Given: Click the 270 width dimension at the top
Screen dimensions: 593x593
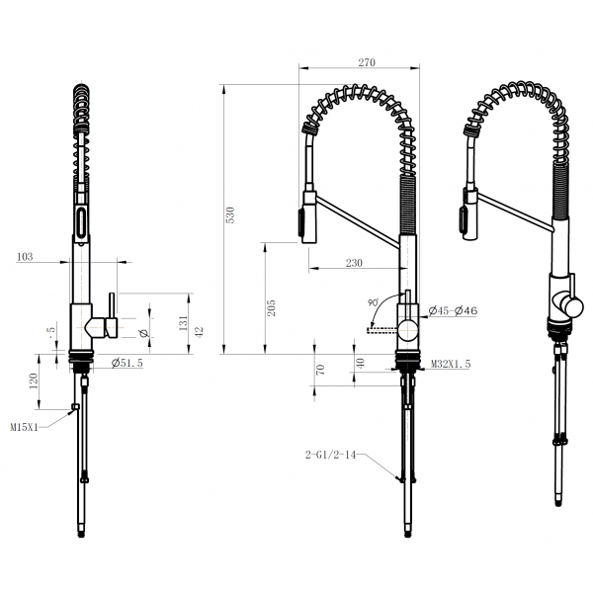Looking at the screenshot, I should coord(367,61).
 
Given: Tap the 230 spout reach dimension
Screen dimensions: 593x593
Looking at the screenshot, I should coord(354,263).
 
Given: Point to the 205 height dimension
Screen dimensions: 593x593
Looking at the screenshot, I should coord(271,307).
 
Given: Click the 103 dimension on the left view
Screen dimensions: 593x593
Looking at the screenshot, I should coord(26,257).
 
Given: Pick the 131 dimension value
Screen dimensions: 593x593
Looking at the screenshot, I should coord(183,322).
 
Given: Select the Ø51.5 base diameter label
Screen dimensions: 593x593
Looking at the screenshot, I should coord(129,363).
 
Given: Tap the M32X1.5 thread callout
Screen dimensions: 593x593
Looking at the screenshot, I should coord(451,365).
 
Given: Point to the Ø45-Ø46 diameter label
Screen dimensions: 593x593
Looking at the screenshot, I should coord(454,311).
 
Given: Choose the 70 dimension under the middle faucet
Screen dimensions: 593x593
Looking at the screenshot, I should coord(320,369).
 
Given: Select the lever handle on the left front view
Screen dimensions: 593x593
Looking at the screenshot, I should coord(112,311).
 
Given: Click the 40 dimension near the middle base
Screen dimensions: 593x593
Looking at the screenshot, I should coord(360,363).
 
